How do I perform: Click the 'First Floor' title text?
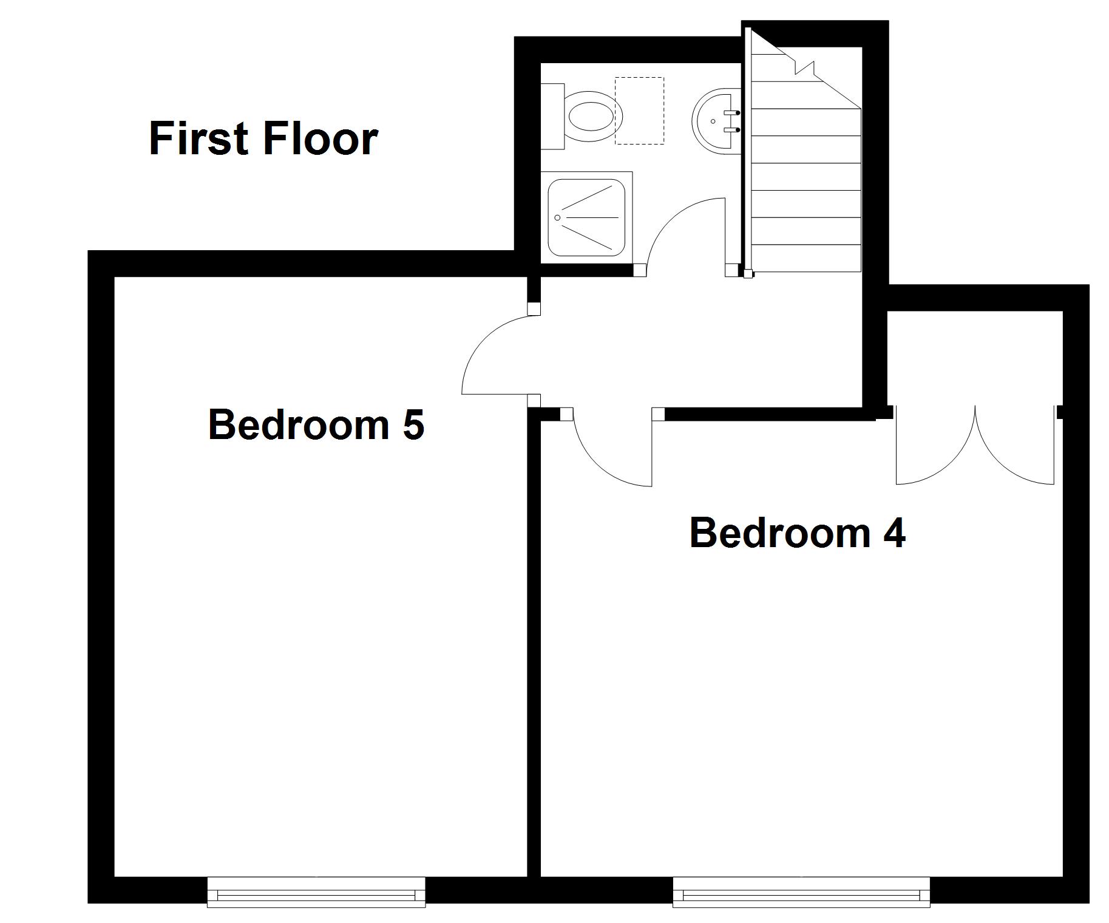(263, 139)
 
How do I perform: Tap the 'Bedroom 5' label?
(316, 424)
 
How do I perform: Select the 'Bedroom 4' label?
(797, 533)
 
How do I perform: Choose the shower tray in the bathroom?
(586, 217)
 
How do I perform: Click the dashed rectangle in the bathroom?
(639, 111)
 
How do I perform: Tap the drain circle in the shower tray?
(557, 216)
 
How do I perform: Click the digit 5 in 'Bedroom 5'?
(413, 424)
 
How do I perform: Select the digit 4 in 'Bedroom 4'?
(894, 533)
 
